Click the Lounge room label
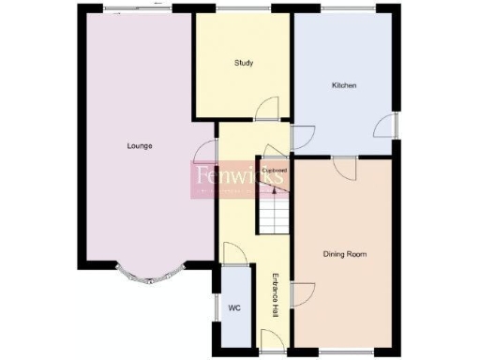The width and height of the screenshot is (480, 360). (141, 145)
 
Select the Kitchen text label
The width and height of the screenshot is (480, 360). (344, 85)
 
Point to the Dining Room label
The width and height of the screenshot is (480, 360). (344, 254)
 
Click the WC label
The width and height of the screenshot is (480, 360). (234, 308)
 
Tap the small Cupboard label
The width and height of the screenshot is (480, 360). (274, 170)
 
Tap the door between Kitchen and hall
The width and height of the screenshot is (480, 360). (301, 137)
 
